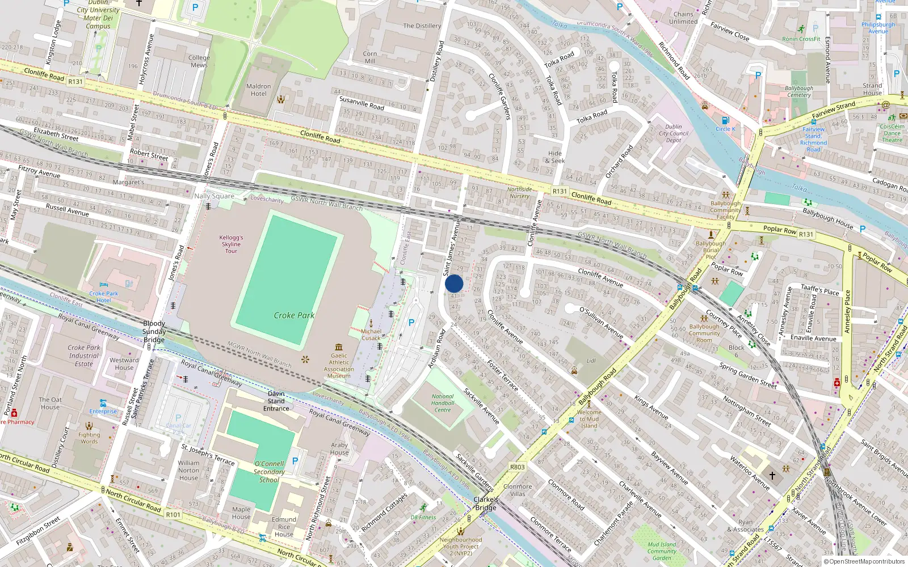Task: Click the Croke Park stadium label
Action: click(294, 315)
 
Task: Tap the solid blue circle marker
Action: click(454, 283)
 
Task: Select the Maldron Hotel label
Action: click(258, 90)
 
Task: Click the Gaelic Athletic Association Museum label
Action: click(339, 366)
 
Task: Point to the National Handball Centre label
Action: click(443, 403)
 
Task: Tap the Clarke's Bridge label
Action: click(486, 503)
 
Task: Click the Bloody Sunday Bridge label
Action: click(154, 332)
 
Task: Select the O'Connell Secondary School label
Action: click(269, 472)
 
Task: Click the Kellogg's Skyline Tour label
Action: click(231, 244)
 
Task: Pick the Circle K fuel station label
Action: click(725, 129)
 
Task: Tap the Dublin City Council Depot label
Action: click(674, 134)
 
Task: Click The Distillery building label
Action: click(422, 26)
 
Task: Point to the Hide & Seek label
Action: click(555, 157)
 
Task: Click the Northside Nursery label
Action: click(519, 193)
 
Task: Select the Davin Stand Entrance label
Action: click(276, 401)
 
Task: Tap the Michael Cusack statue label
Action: click(371, 335)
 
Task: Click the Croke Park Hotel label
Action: click(104, 297)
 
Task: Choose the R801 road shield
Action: click(517, 467)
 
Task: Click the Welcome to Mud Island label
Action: click(589, 419)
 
